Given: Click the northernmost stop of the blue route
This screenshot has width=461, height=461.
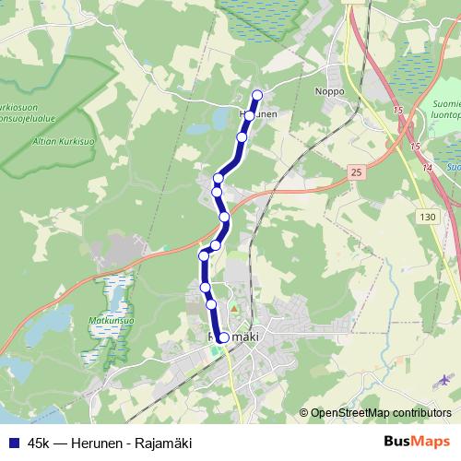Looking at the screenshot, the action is click(x=257, y=95).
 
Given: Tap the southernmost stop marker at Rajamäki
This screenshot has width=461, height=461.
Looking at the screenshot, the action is click(x=223, y=337).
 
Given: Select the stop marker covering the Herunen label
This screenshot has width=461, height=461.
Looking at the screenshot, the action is click(x=249, y=115).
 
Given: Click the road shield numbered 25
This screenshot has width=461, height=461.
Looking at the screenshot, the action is click(x=357, y=171).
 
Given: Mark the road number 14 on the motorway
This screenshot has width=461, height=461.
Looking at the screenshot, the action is click(x=427, y=168).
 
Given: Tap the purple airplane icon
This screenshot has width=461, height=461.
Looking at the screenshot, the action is click(x=447, y=379).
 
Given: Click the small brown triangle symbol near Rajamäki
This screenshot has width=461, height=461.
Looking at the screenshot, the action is click(x=234, y=307).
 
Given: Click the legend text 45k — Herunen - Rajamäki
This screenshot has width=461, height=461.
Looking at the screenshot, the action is click(x=110, y=443).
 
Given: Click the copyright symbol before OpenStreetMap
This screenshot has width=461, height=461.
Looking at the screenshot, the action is click(x=304, y=413).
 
